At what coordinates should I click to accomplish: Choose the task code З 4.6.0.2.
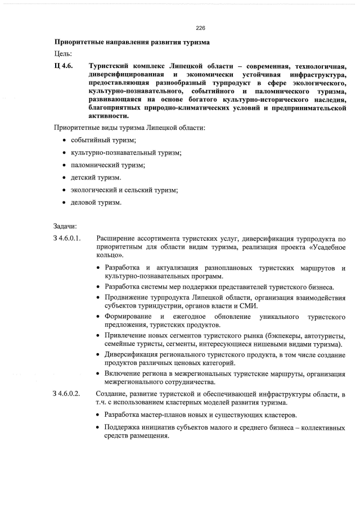click(x=69, y=393)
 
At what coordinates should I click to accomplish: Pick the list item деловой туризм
click(x=96, y=202)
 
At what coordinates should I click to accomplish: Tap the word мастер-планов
click(x=161, y=415)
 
